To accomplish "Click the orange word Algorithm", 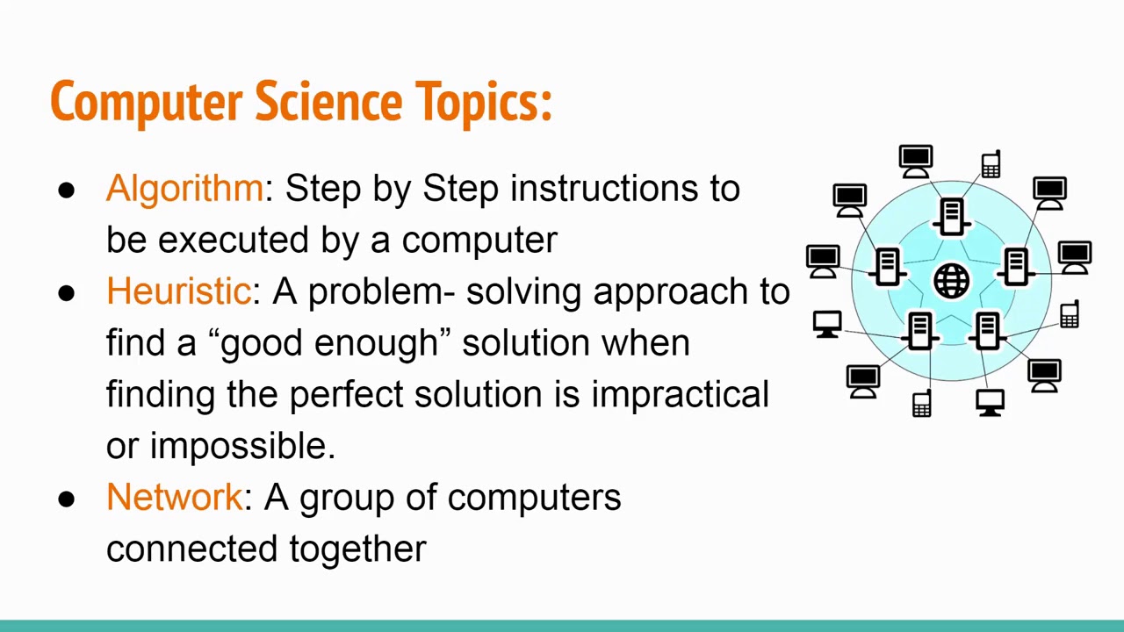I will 184,189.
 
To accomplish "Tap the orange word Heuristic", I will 178,291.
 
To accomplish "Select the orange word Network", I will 173,497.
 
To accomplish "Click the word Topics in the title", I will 483,102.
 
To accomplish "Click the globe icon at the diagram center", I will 951,281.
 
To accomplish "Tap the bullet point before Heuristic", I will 67,293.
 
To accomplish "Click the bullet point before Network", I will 67,499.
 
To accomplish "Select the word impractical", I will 680,394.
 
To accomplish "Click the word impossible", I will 242,446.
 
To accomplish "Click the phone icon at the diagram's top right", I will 991,164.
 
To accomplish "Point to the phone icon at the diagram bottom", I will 921,404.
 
